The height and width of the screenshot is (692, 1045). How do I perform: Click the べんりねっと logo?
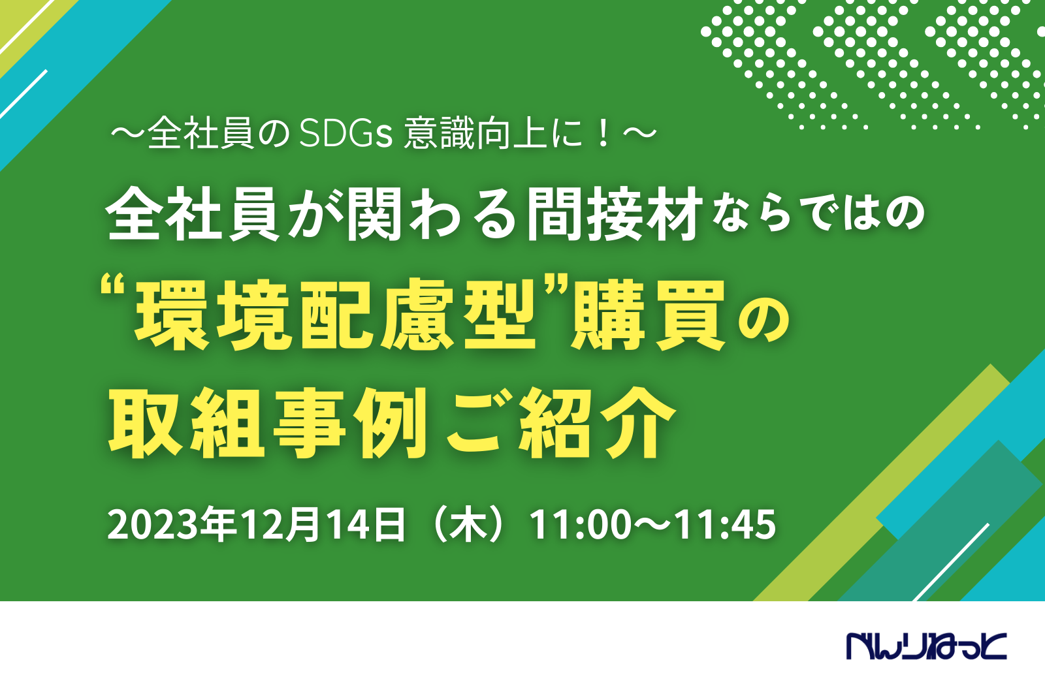click(927, 646)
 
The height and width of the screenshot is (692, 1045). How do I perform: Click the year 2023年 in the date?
click(171, 525)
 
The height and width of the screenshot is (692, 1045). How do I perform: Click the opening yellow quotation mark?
click(115, 289)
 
